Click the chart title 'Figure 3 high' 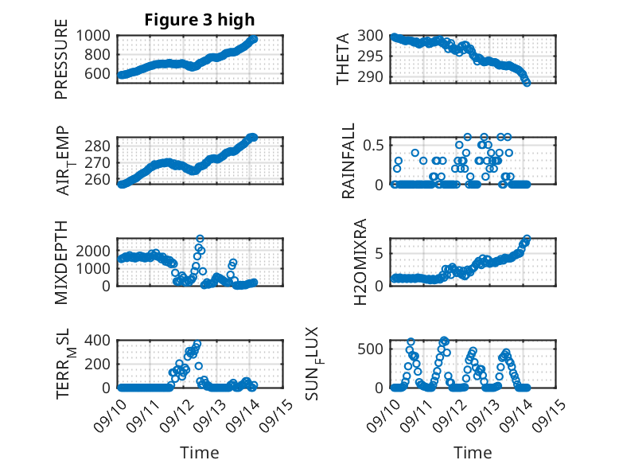tap(200, 20)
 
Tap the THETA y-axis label tap(343, 58)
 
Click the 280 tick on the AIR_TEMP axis tap(99, 146)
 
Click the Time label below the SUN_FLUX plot tap(473, 452)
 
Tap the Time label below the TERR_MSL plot tap(200, 452)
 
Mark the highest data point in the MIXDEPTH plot tap(200, 239)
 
